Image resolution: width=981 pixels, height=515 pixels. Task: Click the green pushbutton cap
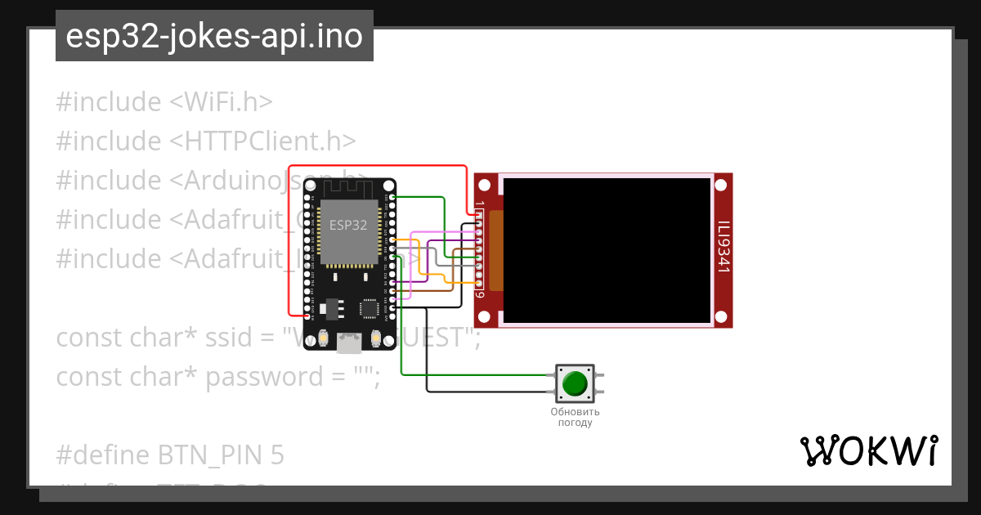pyautogui.click(x=576, y=383)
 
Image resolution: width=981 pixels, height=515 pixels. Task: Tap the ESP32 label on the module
pyautogui.click(x=348, y=225)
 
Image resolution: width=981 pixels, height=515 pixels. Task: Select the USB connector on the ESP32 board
pyautogui.click(x=350, y=343)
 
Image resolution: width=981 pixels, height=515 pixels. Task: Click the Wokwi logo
pyautogui.click(x=869, y=451)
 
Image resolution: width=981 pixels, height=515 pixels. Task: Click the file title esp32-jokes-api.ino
pyautogui.click(x=214, y=37)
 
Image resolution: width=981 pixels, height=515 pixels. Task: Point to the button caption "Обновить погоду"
pyautogui.click(x=576, y=417)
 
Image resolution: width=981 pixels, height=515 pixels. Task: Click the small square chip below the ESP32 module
pyautogui.click(x=370, y=307)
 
